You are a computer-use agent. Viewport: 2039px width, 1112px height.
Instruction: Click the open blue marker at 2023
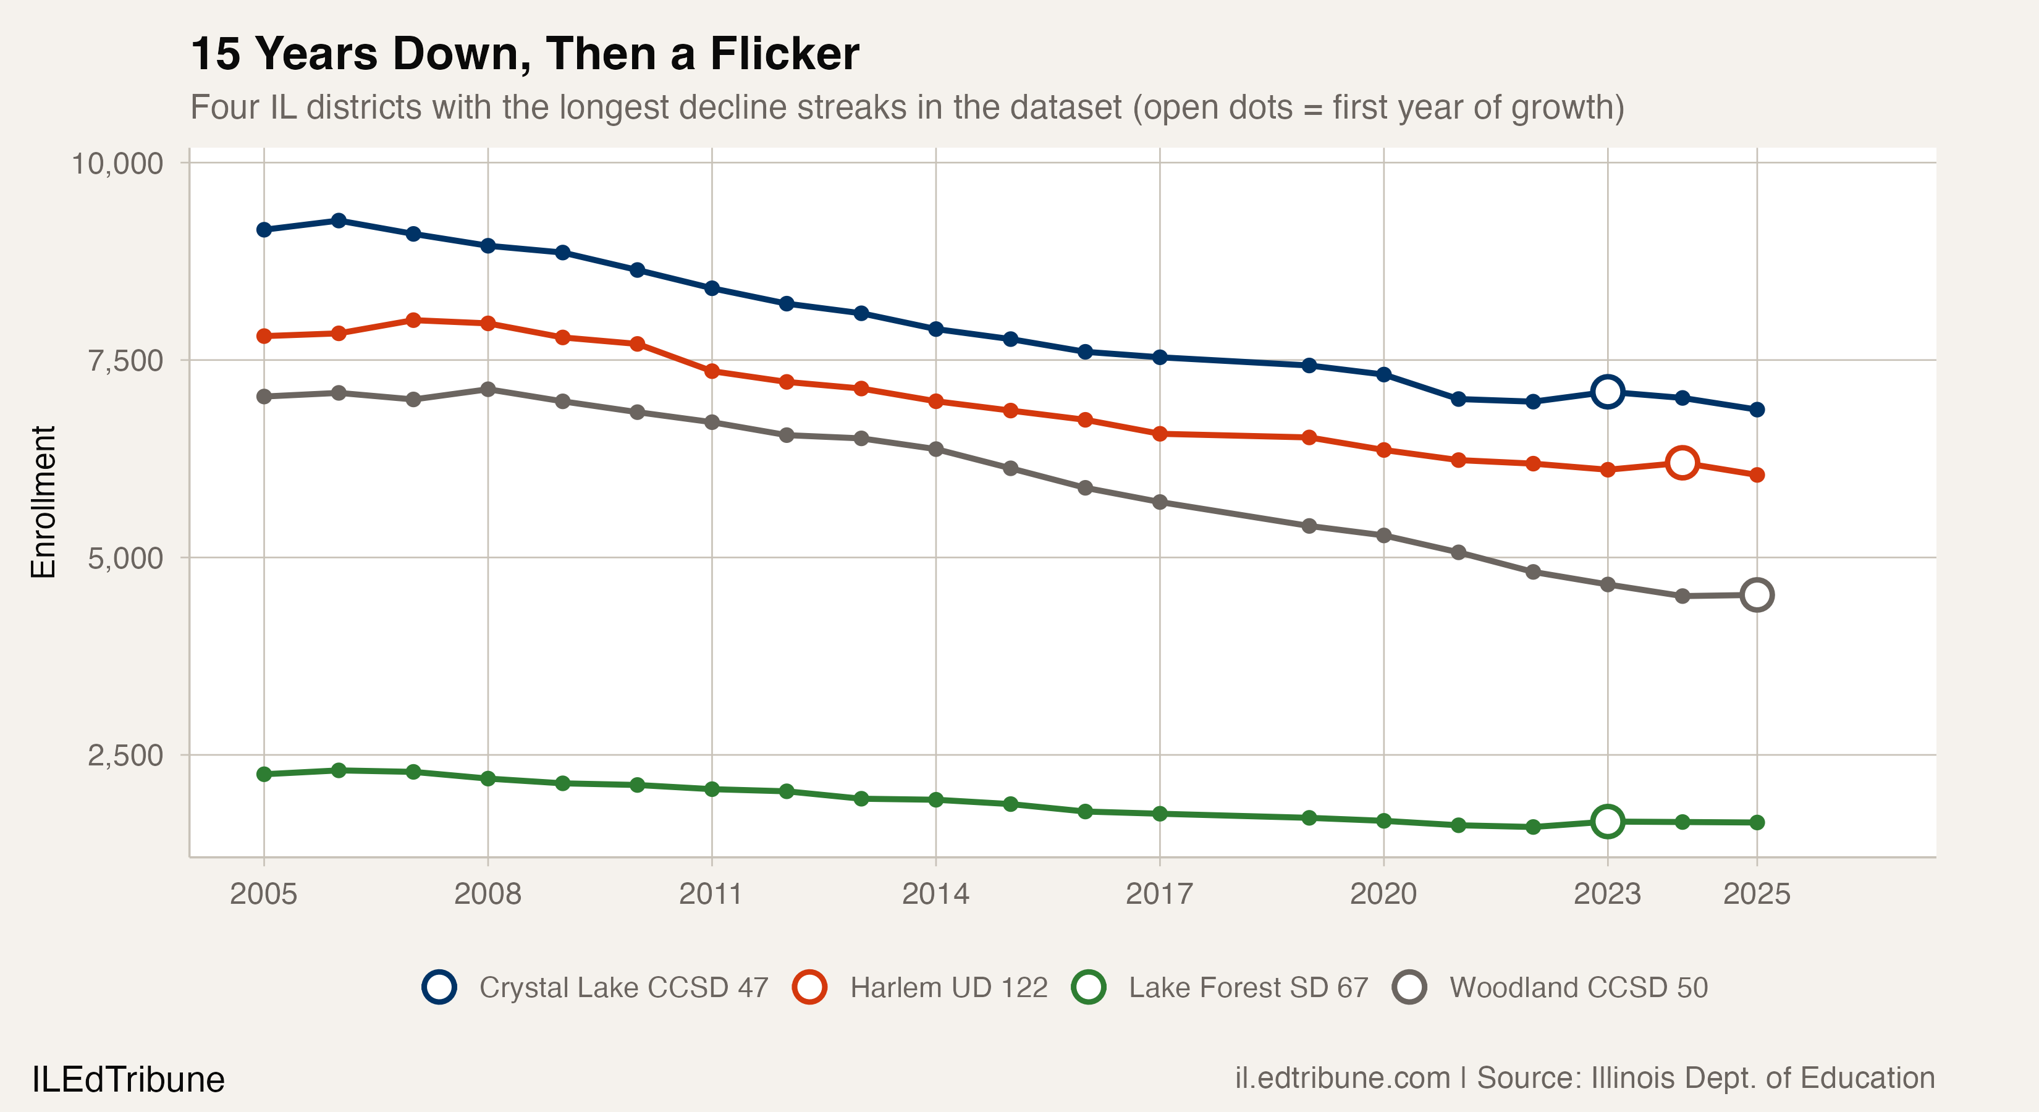tap(1607, 392)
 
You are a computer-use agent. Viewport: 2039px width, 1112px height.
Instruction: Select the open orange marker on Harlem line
tap(1681, 462)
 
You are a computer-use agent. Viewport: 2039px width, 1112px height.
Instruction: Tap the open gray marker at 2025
tap(1757, 594)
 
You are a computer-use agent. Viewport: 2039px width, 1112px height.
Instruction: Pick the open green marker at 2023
tap(1607, 822)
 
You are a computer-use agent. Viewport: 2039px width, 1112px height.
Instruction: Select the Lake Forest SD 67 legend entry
tap(1220, 987)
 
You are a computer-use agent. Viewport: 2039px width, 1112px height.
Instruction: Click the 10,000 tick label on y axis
tap(117, 163)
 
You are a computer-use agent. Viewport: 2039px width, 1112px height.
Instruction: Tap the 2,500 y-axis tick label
tap(125, 755)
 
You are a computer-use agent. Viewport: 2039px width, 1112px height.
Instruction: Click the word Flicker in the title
tap(783, 54)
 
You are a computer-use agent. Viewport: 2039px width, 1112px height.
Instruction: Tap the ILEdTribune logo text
tap(129, 1079)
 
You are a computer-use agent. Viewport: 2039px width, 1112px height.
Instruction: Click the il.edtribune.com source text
tap(1343, 1078)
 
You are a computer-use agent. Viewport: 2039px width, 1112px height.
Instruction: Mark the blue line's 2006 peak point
tap(339, 220)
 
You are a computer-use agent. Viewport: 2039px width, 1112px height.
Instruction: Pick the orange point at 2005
tap(264, 336)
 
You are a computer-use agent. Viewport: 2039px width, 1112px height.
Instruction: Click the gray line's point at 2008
tap(488, 389)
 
